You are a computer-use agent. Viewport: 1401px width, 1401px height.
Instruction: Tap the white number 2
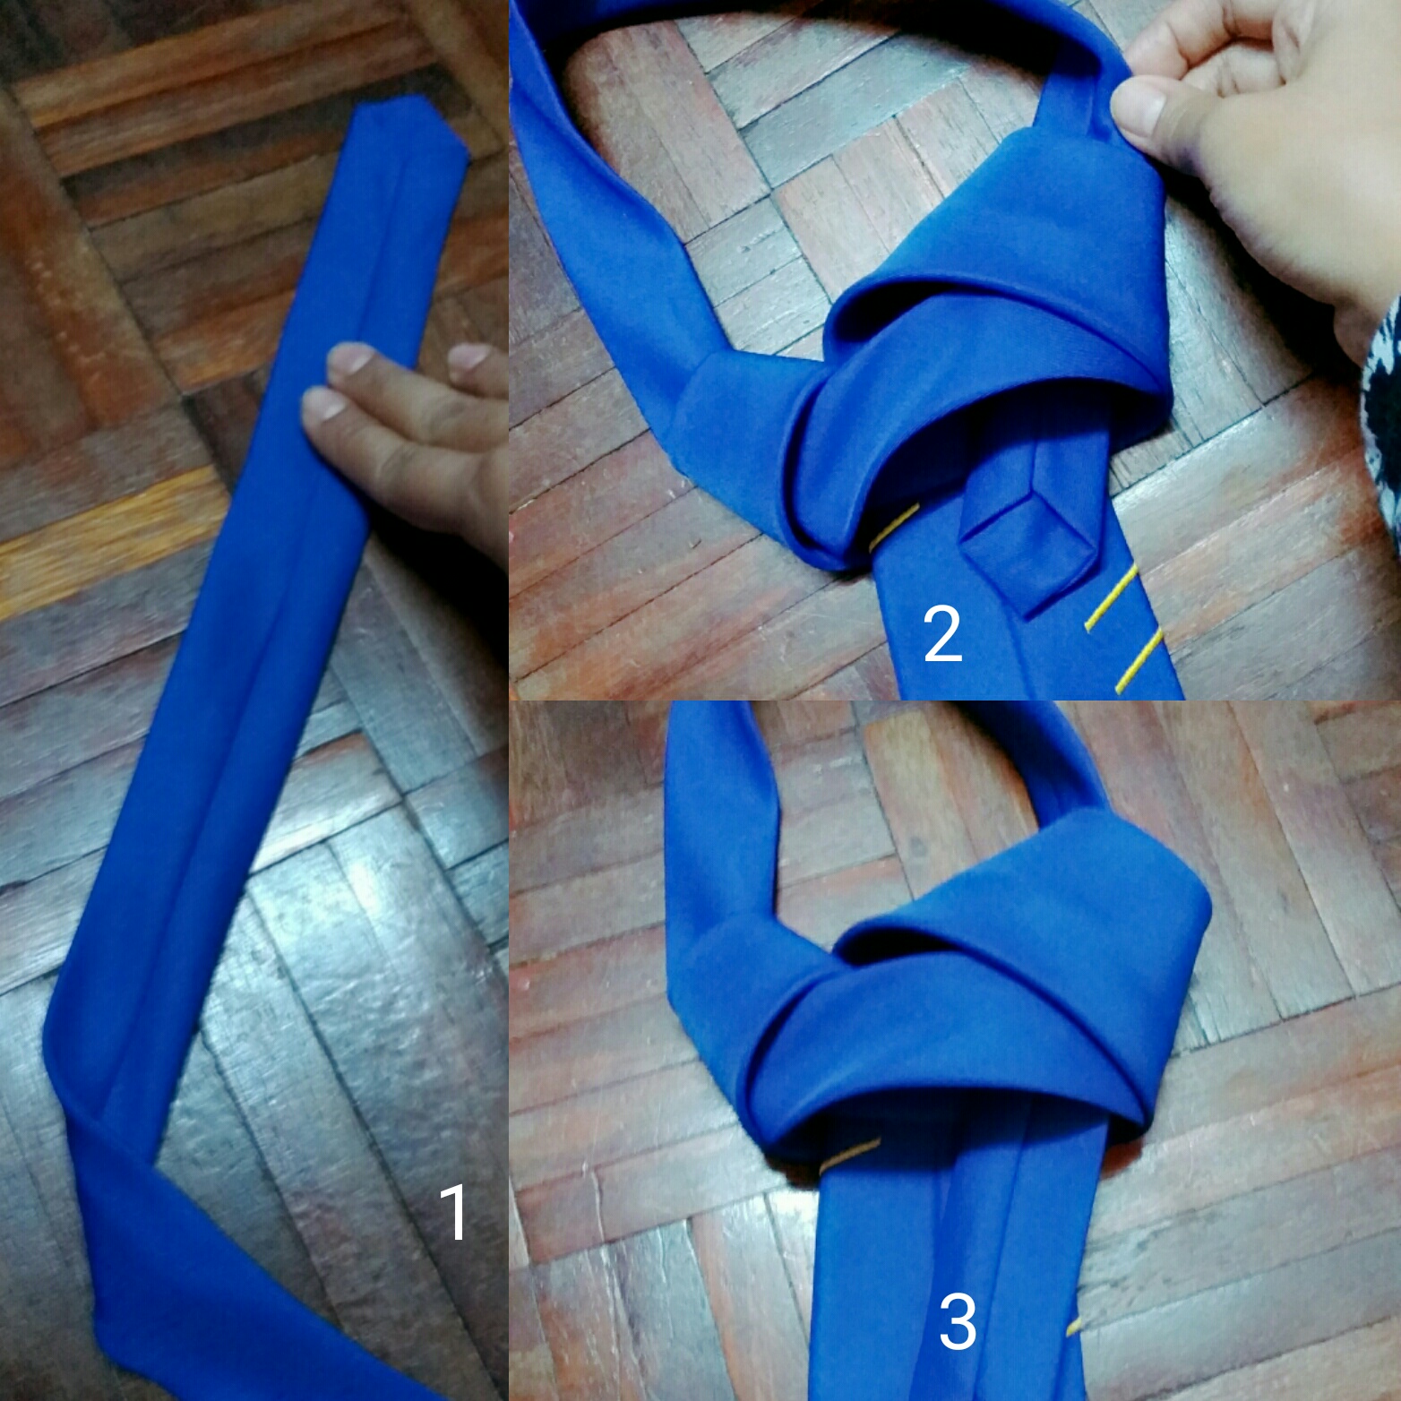[x=942, y=634]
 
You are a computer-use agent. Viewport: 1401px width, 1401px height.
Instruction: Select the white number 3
[x=958, y=1323]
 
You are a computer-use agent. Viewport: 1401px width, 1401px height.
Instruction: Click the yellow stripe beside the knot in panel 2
[x=894, y=527]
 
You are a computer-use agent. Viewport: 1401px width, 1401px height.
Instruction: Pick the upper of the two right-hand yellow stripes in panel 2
[x=1111, y=598]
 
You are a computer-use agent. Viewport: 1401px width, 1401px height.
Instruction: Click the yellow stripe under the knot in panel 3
[x=849, y=1159]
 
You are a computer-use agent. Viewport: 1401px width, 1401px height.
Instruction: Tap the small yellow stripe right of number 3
[x=1072, y=1326]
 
